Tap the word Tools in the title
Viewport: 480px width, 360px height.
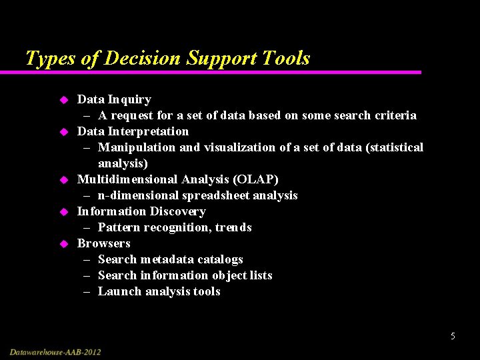[x=285, y=59]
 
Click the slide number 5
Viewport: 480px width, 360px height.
[x=453, y=336]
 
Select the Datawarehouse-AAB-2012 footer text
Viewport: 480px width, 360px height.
[x=56, y=351]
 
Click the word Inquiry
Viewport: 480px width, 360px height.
[x=129, y=99]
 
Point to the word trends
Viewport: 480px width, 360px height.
[x=233, y=227]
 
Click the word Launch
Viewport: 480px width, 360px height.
[x=119, y=291]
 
